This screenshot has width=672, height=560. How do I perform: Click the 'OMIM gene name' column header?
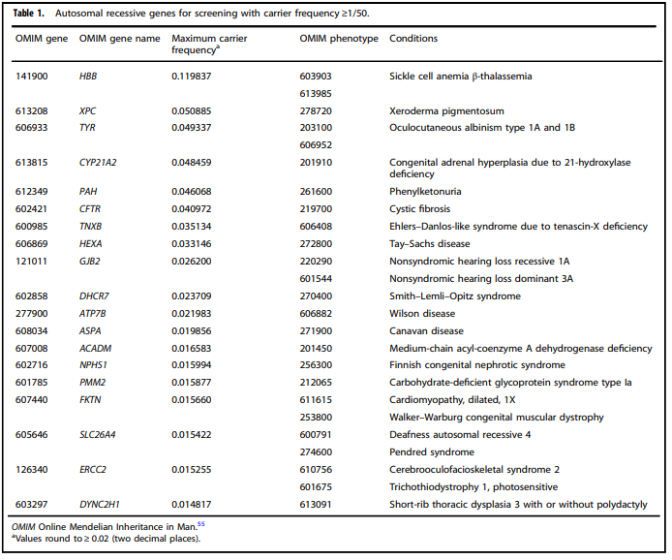(x=119, y=39)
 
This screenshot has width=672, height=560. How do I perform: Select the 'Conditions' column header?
(x=413, y=38)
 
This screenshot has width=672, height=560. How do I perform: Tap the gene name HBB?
(x=88, y=77)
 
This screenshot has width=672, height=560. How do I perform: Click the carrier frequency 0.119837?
(x=192, y=77)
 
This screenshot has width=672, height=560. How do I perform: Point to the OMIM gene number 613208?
(x=32, y=111)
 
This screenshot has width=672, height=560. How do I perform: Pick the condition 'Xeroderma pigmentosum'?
(x=446, y=111)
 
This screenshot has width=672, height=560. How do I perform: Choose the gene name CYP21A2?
(x=98, y=163)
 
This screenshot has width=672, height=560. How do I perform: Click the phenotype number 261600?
(x=316, y=192)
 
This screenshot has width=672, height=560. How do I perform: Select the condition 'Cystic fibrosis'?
(x=420, y=209)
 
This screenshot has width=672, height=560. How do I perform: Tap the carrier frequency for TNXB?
(x=192, y=227)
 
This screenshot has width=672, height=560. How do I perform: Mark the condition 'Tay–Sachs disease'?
(x=430, y=244)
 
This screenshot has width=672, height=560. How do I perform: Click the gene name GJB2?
(x=90, y=262)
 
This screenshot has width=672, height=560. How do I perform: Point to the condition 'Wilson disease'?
(x=422, y=314)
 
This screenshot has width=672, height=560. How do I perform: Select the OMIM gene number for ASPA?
(x=32, y=331)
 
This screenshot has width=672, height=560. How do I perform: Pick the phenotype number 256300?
(x=316, y=365)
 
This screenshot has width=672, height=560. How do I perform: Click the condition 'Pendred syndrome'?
(x=432, y=451)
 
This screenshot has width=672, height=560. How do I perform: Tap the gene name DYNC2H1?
(x=100, y=505)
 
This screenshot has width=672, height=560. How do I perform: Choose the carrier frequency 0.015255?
(x=192, y=470)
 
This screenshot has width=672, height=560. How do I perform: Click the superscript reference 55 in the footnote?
(x=201, y=523)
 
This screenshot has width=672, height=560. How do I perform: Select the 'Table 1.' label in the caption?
(x=28, y=14)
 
